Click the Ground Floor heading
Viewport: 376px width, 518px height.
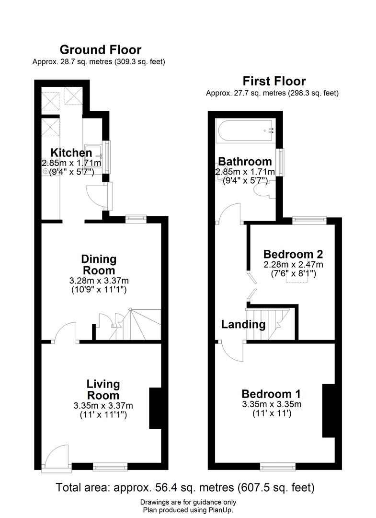100,49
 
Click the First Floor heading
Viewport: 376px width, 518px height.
274,81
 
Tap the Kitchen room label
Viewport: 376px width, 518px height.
71,153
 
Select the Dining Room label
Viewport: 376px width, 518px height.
98,265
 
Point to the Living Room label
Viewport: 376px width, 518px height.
103,389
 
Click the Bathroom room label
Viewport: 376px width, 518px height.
245,161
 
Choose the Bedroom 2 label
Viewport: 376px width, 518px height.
293,254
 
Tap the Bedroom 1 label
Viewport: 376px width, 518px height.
271,394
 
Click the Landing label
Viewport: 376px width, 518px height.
243,324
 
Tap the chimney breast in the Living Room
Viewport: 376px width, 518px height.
156,408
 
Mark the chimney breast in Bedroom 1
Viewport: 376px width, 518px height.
328,411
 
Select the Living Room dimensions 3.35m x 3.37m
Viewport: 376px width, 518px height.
103,406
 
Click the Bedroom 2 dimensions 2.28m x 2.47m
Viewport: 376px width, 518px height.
293,264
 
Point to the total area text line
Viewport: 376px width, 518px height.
185,488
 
